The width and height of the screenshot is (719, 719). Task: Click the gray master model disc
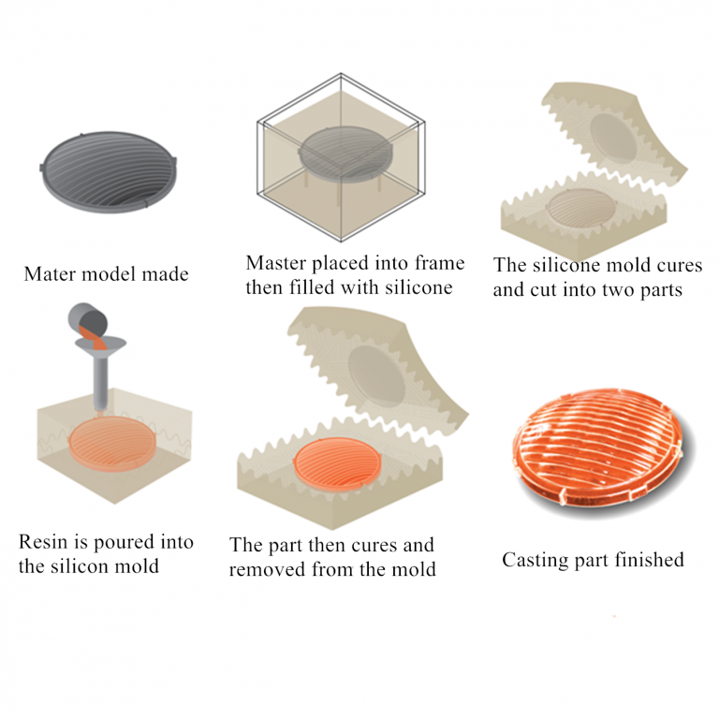click(109, 172)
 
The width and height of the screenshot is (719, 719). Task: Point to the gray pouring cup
click(88, 319)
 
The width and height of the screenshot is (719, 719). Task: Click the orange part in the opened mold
click(337, 465)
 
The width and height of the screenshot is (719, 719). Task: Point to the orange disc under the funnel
click(112, 444)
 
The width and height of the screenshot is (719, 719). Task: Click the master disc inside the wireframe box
click(345, 153)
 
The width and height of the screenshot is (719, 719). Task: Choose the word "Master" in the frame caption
click(276, 263)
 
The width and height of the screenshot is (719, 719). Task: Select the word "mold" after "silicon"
click(138, 566)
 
